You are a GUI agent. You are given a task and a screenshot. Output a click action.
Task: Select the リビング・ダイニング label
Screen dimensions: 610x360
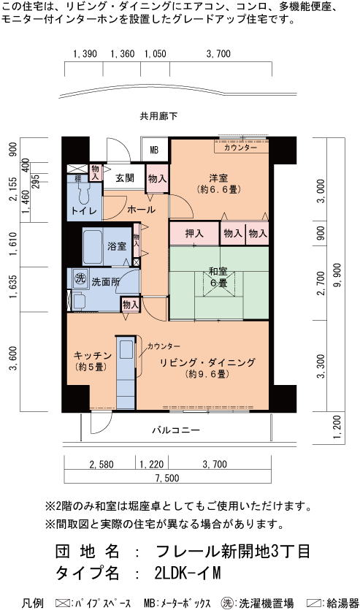coord(207,362)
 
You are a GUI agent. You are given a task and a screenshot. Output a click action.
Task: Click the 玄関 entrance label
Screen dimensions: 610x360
coord(124,178)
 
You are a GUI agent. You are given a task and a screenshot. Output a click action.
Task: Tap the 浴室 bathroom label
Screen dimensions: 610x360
coord(117,247)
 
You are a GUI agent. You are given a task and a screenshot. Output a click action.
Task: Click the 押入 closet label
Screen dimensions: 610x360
coord(194,234)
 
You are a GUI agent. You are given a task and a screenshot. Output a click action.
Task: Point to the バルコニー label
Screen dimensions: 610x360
coord(176,430)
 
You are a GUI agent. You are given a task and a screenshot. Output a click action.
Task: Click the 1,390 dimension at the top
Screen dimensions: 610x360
coord(85,54)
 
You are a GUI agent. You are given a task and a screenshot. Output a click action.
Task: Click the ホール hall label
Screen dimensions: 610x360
coord(141,210)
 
